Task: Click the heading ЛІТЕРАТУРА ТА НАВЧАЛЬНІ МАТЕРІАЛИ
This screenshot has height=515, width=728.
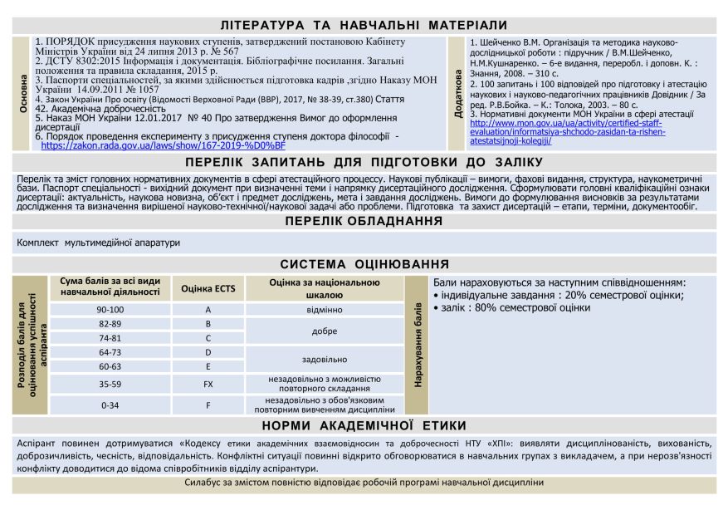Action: click(x=364, y=26)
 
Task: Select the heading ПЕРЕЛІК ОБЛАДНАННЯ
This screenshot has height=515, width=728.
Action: click(x=364, y=221)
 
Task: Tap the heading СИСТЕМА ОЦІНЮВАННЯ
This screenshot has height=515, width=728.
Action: click(x=364, y=264)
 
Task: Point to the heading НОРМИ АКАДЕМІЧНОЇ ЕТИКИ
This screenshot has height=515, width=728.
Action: click(x=364, y=425)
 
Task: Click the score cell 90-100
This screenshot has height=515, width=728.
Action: click(x=110, y=309)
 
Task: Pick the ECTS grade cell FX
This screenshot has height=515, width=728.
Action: click(x=208, y=385)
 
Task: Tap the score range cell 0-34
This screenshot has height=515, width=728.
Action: click(x=110, y=405)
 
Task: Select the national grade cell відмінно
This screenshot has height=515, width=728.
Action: click(x=324, y=309)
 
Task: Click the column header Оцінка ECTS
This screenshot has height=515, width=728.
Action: click(x=208, y=289)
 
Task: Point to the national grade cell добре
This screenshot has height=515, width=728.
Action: click(x=324, y=331)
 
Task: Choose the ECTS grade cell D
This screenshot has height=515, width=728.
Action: click(x=208, y=352)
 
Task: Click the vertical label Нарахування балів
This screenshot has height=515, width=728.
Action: click(x=418, y=345)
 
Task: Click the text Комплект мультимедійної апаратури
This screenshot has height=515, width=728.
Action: click(x=98, y=243)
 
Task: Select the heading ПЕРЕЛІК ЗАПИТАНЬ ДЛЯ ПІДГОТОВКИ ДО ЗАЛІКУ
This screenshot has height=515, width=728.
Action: click(x=364, y=162)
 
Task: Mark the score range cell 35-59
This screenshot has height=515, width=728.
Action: click(x=110, y=385)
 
